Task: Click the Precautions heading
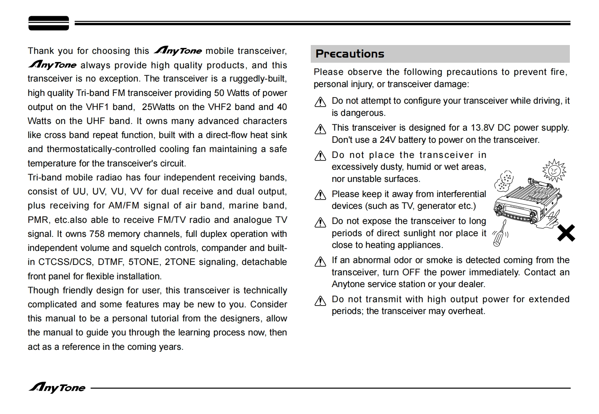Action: pos(350,54)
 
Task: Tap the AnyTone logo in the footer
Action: pos(57,387)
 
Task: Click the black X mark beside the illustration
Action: pos(566,233)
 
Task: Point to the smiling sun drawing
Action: pos(554,170)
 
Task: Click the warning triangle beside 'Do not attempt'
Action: pos(320,102)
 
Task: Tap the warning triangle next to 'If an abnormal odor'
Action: pos(320,262)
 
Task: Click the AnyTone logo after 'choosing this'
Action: pos(178,51)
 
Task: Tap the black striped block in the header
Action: pos(49,23)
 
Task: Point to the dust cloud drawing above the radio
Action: pos(504,180)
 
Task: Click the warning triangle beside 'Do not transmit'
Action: pos(320,301)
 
